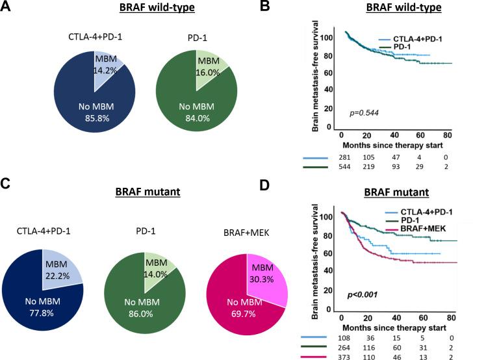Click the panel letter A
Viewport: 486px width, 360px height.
click(7, 8)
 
